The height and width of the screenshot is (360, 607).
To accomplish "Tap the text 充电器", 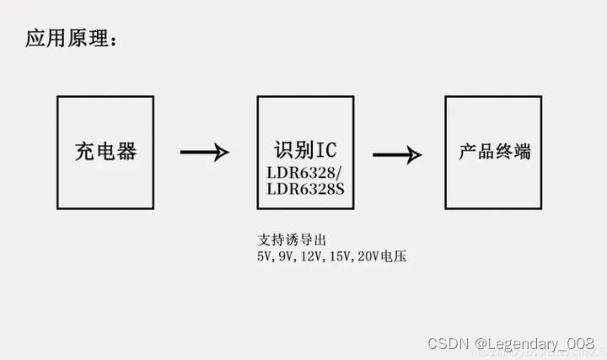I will (x=105, y=152).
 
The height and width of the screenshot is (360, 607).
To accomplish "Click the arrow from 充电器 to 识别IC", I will (x=204, y=153).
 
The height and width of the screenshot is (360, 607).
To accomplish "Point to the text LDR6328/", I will (x=304, y=173).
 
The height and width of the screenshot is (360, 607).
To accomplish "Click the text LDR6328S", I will (x=305, y=189).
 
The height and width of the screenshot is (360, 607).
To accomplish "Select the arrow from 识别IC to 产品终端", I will (x=396, y=154).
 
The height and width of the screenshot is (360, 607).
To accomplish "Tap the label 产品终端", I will (x=494, y=152).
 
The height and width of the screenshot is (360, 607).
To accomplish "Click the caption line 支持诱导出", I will (x=291, y=240).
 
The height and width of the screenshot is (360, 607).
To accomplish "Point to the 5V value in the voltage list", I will (x=265, y=256).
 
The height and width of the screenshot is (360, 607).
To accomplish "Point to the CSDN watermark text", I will (x=447, y=343).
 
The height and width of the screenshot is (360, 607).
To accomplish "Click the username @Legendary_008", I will (x=534, y=343).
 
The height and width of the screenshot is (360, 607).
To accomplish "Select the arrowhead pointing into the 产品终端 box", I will (x=414, y=154).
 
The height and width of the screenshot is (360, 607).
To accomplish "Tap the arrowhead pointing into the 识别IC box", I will (x=222, y=153).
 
